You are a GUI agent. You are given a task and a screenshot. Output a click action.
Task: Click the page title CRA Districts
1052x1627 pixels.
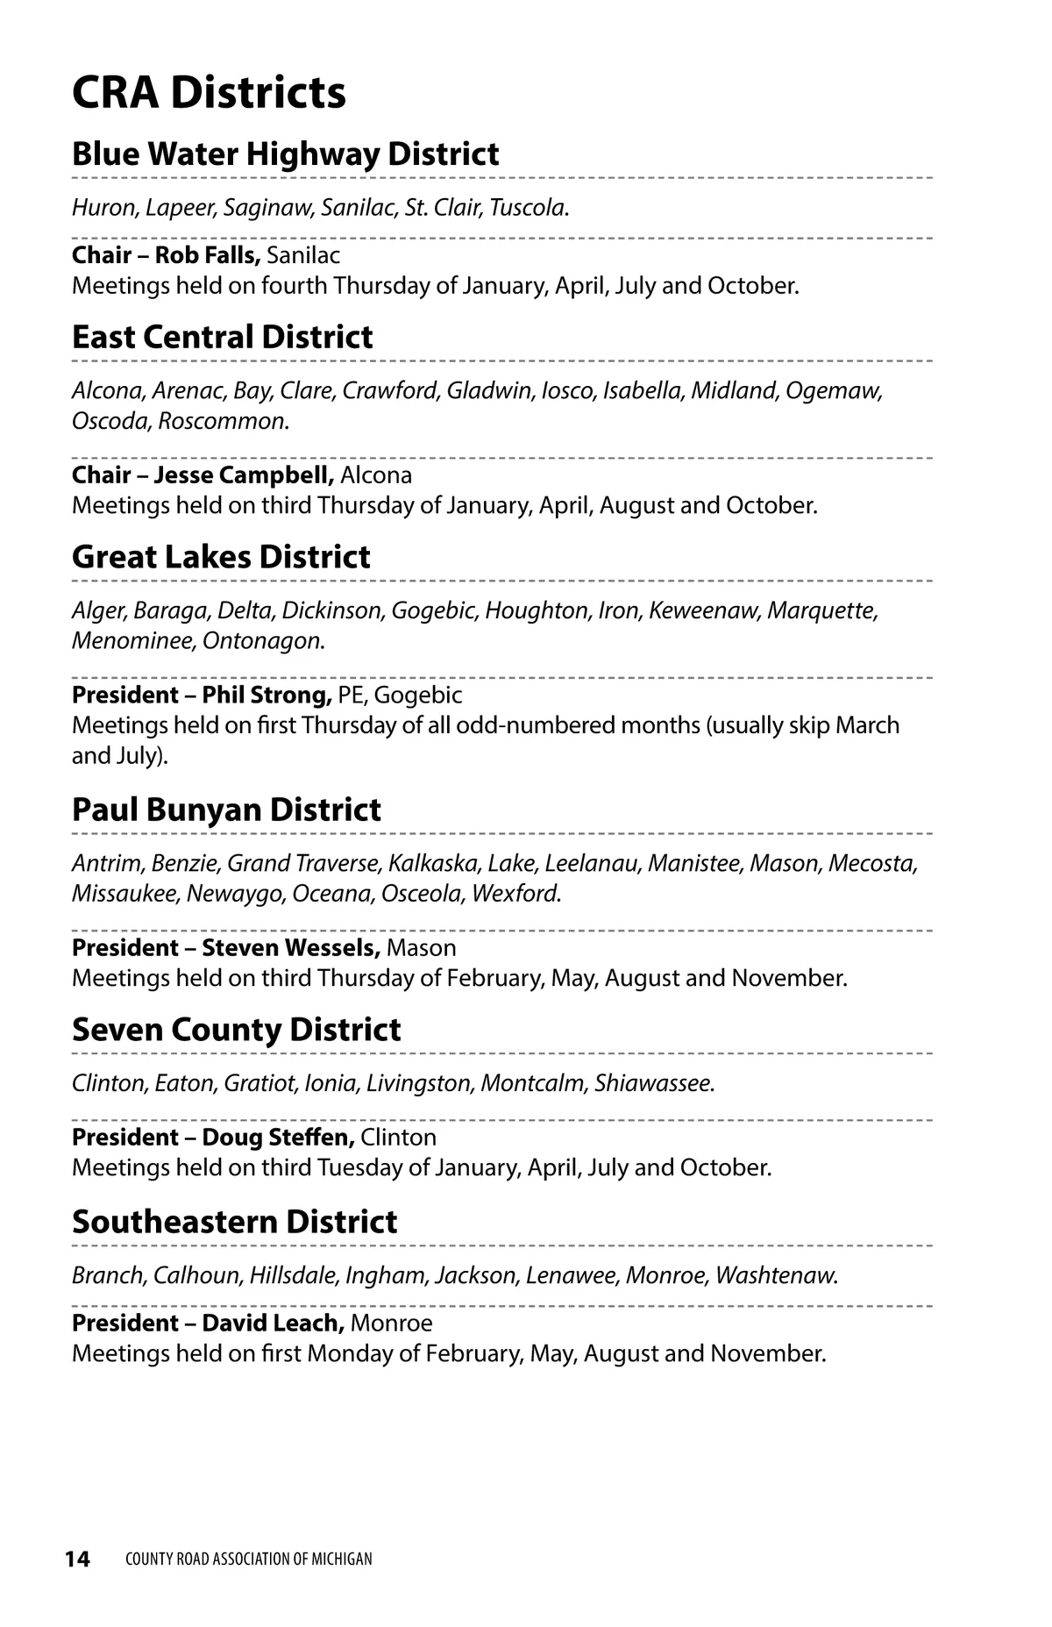(x=209, y=92)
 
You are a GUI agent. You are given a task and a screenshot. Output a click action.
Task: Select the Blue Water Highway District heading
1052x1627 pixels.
(x=285, y=153)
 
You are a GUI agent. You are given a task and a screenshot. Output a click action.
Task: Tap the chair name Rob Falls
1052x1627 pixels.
(x=207, y=255)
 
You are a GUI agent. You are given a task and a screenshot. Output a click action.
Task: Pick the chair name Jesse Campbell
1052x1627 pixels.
(x=243, y=475)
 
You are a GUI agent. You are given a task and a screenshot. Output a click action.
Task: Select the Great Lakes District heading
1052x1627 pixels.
(x=221, y=557)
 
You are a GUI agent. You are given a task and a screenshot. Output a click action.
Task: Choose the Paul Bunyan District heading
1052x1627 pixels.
(x=226, y=810)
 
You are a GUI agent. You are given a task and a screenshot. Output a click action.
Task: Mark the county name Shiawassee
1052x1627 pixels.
(x=652, y=1083)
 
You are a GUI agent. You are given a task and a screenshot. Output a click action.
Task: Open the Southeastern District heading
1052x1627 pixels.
(x=234, y=1222)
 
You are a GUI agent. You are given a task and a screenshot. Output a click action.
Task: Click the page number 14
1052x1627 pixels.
(x=77, y=1559)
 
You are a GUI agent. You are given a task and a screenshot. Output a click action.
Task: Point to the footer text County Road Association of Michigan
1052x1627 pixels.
(x=249, y=1559)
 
